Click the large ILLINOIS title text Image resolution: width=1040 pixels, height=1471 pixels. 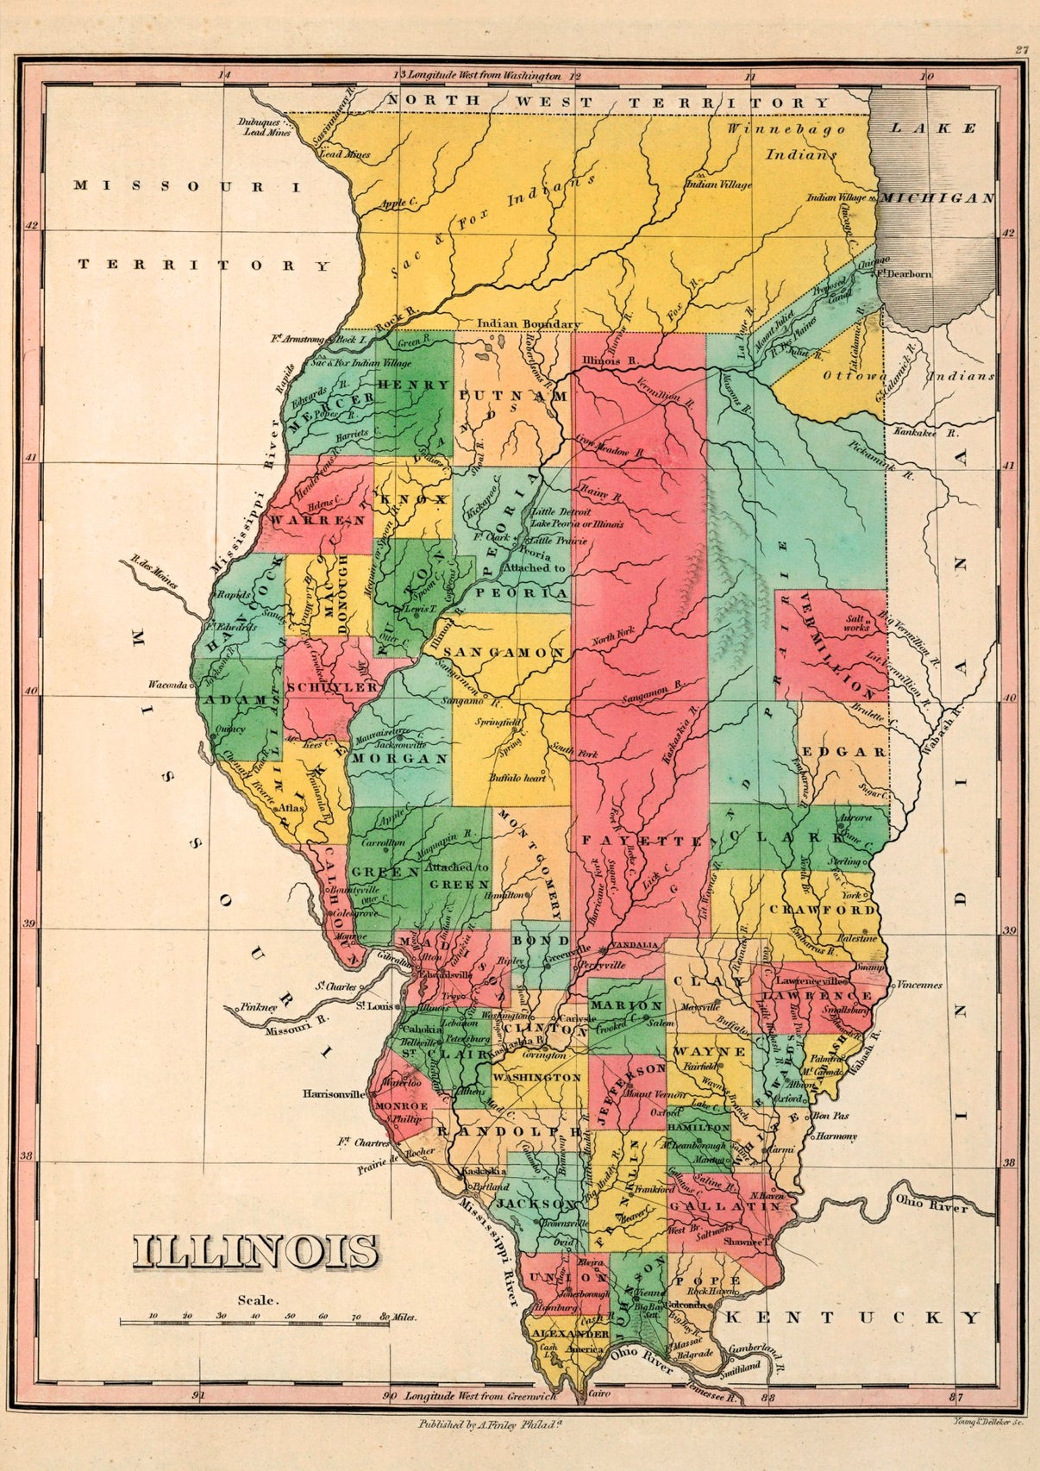255,1252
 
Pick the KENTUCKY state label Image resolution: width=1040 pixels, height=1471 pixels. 852,1318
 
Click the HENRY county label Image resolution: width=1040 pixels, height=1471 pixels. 414,385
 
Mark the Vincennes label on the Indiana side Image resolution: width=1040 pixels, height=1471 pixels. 920,985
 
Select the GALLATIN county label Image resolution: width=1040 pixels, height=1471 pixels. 725,1205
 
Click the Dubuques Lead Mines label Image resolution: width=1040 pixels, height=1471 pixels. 266,128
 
